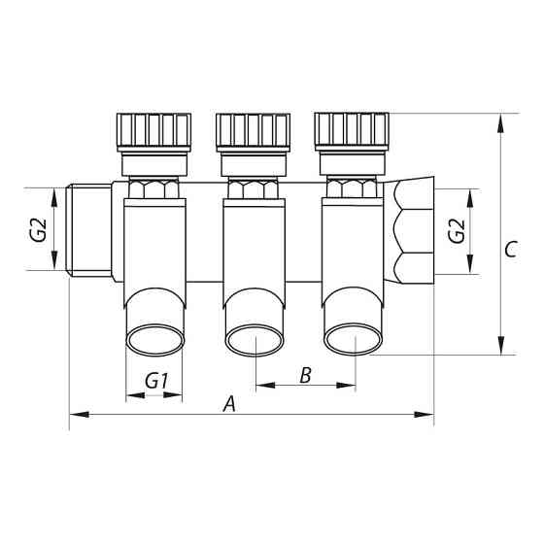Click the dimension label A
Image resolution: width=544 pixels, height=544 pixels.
click(x=229, y=403)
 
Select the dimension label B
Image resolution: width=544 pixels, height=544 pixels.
click(x=305, y=375)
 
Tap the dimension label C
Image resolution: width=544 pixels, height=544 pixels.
click(x=510, y=249)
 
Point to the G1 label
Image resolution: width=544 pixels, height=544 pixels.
click(x=156, y=382)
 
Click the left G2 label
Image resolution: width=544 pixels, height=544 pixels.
click(x=38, y=231)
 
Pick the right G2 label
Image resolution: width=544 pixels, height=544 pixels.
click(x=457, y=231)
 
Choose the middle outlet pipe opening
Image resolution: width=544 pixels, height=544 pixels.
click(x=255, y=341)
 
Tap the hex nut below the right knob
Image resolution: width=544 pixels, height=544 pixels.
click(x=353, y=188)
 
